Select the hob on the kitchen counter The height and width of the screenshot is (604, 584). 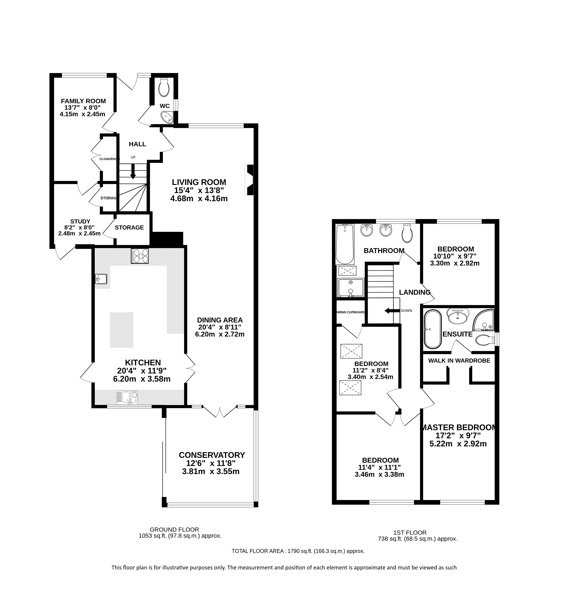point(140,256)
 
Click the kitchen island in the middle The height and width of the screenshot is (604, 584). point(122,330)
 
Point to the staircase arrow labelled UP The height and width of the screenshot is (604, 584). point(133,171)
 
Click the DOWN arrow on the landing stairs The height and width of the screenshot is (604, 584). point(392,311)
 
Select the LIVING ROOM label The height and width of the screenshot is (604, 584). point(199,182)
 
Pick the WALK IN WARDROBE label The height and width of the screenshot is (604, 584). point(459,361)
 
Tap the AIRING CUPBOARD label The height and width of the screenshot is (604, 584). point(351,312)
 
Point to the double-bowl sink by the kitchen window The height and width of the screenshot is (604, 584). point(127,397)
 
